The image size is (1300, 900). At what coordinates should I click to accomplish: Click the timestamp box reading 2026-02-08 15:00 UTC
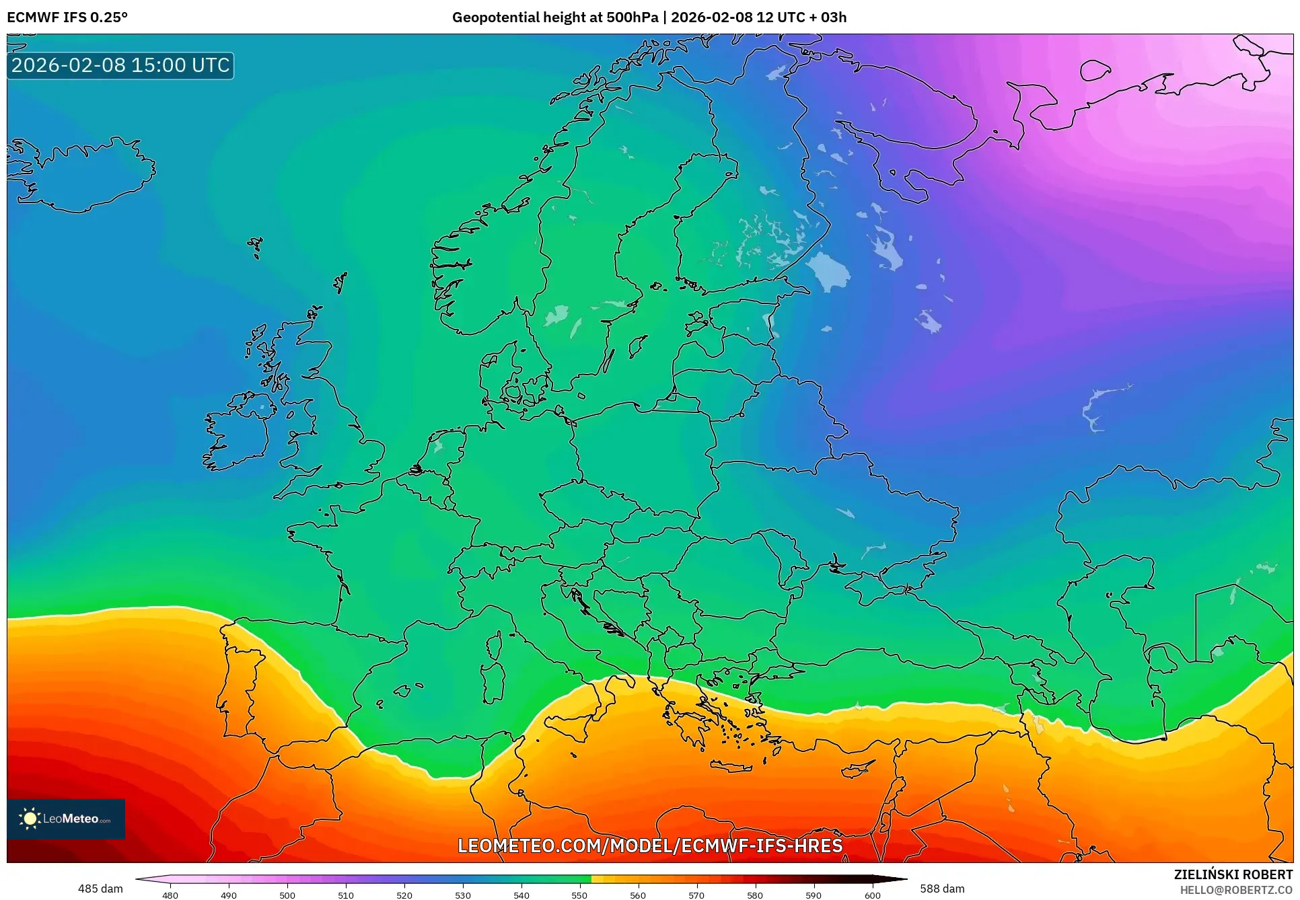coord(120,65)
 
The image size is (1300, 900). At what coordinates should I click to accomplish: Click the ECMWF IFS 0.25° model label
coord(67,17)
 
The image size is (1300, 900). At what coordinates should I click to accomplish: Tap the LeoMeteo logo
coord(66,819)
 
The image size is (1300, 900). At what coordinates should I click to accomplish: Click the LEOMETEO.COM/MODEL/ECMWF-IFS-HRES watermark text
coord(650,846)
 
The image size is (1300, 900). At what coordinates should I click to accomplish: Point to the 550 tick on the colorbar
coord(579,895)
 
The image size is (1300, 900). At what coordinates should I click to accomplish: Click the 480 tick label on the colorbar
coord(170,895)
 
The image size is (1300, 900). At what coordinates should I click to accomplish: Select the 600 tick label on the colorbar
coord(872,895)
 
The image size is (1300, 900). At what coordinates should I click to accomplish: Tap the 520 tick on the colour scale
coord(404,895)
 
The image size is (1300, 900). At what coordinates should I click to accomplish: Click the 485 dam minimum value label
coord(100,889)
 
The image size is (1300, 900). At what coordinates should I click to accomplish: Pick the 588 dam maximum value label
coord(942,889)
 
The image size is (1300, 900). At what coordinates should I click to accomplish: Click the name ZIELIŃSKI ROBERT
coord(1233,874)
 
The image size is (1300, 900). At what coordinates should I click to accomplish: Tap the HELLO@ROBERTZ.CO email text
coord(1235,890)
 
